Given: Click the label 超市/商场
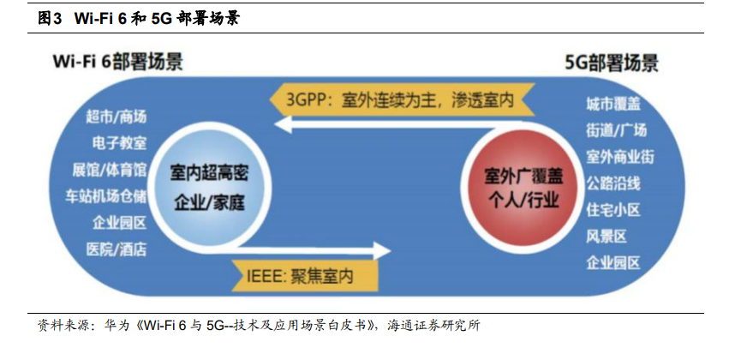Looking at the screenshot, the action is tap(116, 117).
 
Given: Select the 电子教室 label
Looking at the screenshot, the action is tap(119, 143).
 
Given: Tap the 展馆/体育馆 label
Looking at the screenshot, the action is tap(110, 170).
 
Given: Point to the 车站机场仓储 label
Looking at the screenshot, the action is tap(105, 196).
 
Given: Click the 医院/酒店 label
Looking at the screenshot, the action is tap(117, 249).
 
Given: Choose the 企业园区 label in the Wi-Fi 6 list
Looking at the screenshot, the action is tap(119, 223).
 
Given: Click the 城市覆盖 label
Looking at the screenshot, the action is tap(612, 104).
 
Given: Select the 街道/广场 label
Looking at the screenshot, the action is tap(616, 130).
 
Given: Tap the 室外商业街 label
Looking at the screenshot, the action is tap(619, 157).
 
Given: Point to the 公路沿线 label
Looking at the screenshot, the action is tap(612, 183).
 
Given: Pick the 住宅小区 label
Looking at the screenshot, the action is tap(612, 210).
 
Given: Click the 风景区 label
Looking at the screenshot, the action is tap(607, 237).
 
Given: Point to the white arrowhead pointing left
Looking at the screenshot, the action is tap(283, 123).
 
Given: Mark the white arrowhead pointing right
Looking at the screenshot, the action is tap(382, 250).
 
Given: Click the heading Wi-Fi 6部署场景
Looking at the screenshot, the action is tap(117, 62).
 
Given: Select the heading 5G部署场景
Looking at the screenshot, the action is tap(612, 63).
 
